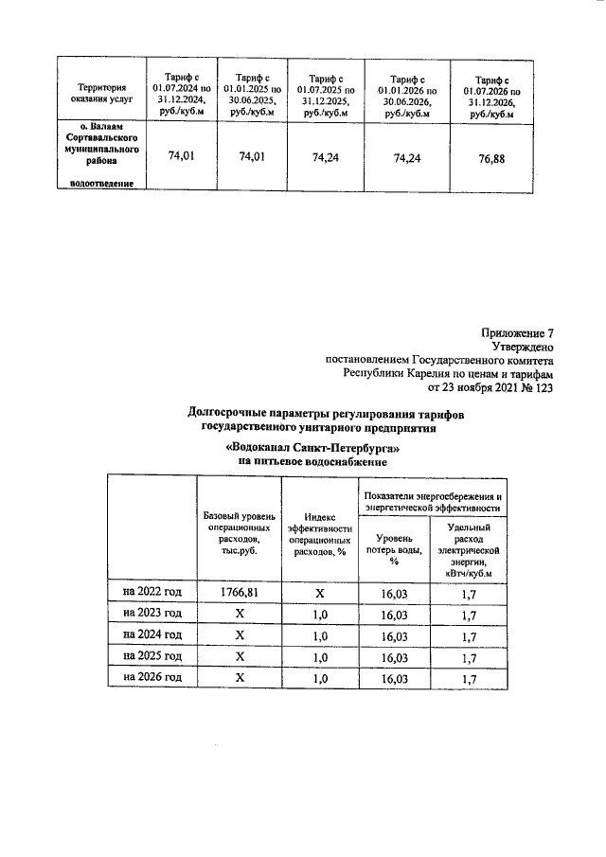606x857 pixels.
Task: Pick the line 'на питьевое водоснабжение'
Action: [x=313, y=461]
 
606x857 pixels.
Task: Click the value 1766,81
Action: [x=240, y=592]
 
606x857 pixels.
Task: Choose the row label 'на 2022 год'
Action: [x=151, y=592]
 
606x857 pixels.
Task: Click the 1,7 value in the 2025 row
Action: [x=468, y=656]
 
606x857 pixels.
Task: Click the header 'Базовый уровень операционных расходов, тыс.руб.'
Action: [x=240, y=535]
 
